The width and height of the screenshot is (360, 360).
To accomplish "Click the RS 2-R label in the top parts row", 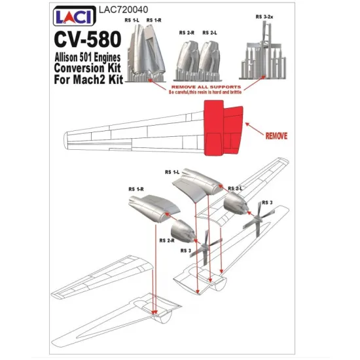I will [187, 31].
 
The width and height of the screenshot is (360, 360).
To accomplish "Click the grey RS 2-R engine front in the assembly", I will [183, 232].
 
